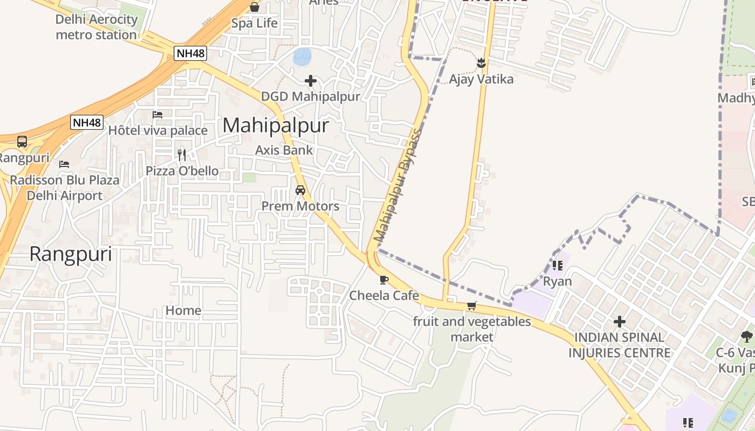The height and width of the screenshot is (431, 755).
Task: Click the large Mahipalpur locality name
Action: click(x=276, y=126)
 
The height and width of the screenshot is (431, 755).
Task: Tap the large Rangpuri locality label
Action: click(x=71, y=254)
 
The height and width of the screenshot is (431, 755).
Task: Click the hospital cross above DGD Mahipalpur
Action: click(x=311, y=81)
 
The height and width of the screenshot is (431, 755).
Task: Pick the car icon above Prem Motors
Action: click(x=300, y=190)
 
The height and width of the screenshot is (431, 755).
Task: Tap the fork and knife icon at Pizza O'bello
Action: click(x=182, y=155)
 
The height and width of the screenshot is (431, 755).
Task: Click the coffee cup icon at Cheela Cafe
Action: click(x=383, y=280)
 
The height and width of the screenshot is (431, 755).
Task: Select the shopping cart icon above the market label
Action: click(x=471, y=306)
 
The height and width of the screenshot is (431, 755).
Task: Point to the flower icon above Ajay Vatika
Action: click(x=481, y=64)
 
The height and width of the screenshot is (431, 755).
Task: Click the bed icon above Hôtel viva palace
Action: click(x=157, y=115)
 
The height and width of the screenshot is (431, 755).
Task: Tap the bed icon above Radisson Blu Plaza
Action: click(x=64, y=164)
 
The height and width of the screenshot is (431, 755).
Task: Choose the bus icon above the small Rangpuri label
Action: click(x=22, y=142)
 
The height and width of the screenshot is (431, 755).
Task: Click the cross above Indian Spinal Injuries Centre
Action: click(x=620, y=322)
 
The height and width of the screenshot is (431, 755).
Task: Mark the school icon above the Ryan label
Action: click(x=558, y=265)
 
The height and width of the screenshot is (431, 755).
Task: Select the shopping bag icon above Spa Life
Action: click(x=255, y=7)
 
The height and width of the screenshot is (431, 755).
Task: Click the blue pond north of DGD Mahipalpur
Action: click(x=302, y=56)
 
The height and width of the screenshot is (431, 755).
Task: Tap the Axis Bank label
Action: click(x=284, y=150)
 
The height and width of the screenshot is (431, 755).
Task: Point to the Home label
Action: click(x=183, y=310)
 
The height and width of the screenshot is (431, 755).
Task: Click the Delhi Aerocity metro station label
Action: click(x=97, y=27)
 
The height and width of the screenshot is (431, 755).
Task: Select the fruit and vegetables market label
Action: click(x=472, y=329)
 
